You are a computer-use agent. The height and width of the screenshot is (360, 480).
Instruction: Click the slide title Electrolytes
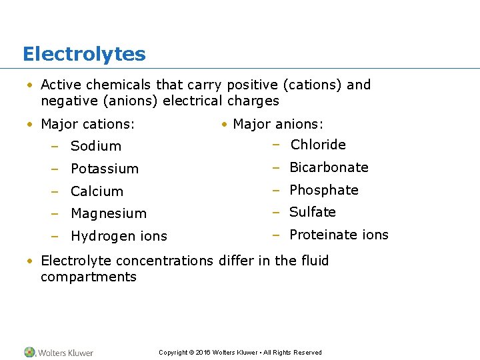coord(84,54)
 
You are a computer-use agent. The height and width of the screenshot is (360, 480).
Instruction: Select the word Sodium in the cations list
coord(96,146)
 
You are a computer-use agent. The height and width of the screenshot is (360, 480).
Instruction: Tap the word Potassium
coord(105,169)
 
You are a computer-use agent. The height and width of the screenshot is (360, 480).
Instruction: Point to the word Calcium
coord(97,191)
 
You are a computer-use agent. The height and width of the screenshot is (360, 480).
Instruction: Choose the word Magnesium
coord(109,213)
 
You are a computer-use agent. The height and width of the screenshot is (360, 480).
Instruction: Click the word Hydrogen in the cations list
coord(98,236)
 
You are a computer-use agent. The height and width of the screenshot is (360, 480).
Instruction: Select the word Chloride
coord(318,145)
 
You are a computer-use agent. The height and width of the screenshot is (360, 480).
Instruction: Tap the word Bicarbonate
coord(329,167)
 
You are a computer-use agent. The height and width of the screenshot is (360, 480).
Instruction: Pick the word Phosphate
coord(324,190)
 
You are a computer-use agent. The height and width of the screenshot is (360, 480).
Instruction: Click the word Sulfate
coord(313,212)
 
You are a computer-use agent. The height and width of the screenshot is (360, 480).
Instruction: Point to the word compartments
coord(89,277)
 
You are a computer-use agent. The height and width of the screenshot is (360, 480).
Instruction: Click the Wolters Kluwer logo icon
coord(30,352)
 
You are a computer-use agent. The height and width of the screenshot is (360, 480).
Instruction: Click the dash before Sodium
coord(58,146)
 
